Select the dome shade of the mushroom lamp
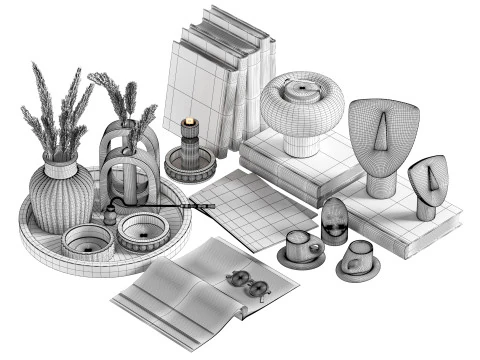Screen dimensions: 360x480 coord(302,102)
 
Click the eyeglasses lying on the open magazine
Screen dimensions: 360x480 coord(246,281)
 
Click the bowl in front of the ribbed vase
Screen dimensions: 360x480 coord(87,241)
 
